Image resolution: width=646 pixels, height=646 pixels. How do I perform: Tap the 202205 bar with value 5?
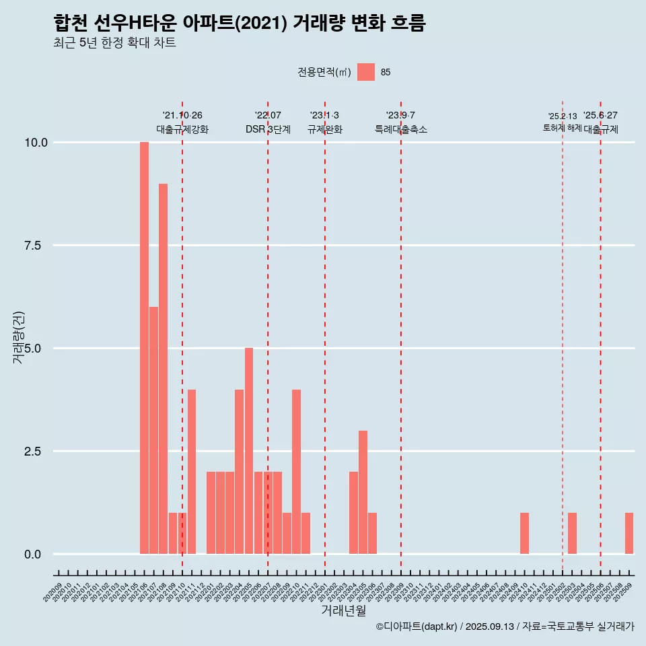249,451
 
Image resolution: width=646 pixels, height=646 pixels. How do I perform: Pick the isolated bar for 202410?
524,534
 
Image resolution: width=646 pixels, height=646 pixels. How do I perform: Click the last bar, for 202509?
629,534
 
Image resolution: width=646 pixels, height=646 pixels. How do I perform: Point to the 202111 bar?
192,472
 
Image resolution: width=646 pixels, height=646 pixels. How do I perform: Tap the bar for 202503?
572,534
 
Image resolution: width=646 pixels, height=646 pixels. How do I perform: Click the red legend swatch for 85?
366,72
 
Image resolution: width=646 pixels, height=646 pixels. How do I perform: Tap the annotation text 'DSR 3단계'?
268,129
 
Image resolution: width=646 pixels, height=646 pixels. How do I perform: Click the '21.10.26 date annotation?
182,116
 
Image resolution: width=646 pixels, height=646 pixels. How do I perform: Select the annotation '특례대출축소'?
401,129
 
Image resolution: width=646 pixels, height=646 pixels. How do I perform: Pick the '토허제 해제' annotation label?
562,128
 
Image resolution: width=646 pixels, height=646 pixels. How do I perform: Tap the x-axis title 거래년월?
343,611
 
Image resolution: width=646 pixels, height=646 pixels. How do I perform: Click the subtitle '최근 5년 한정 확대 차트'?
114,43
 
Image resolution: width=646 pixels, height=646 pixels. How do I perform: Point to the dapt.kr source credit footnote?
505,626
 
